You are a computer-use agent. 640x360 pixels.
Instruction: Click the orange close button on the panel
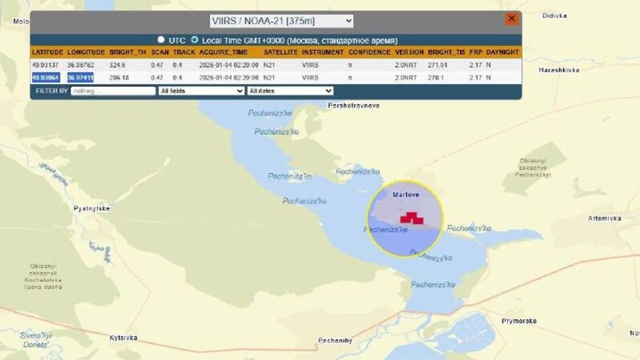coord(511,19)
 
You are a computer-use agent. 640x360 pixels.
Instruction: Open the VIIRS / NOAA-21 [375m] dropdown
coord(281,21)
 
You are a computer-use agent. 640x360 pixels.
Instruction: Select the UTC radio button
coord(161,40)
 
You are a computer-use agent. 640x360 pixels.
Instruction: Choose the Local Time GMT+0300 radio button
coord(195,40)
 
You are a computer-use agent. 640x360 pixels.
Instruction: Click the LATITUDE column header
coord(47,52)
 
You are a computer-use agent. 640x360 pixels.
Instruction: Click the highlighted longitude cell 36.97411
coord(81,78)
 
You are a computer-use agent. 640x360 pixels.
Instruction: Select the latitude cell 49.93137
coord(46,65)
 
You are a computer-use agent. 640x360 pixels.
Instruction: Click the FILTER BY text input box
coord(113,91)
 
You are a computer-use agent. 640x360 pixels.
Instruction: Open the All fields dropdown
coord(201,91)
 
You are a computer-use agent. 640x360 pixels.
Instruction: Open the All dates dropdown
coord(290,91)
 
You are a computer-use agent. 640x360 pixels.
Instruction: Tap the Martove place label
coord(406,194)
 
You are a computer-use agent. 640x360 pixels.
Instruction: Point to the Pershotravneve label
coord(354,105)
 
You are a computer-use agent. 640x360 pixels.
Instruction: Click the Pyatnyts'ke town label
coord(91,209)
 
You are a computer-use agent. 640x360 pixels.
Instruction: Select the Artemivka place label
coord(605,218)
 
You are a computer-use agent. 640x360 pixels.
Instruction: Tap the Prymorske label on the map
coord(519,321)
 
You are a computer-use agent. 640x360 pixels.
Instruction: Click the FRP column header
coord(475,52)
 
